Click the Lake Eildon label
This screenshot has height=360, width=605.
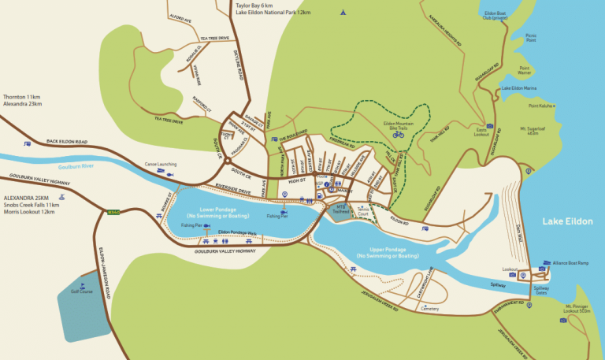pyautogui.click(x=567, y=222)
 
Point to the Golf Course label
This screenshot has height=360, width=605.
pyautogui.click(x=81, y=291)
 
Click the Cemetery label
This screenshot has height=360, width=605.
pyautogui.click(x=429, y=309)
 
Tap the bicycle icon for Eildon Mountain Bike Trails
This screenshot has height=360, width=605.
pyautogui.click(x=399, y=135)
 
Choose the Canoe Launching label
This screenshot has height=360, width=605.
pyautogui.click(x=160, y=165)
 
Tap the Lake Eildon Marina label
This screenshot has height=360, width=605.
pyautogui.click(x=519, y=88)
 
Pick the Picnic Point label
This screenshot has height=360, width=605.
pyautogui.click(x=530, y=37)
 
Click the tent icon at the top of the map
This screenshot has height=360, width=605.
pyautogui.click(x=342, y=13)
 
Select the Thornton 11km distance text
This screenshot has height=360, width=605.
pyautogui.click(x=22, y=96)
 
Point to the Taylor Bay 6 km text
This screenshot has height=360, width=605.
pyautogui.click(x=258, y=6)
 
